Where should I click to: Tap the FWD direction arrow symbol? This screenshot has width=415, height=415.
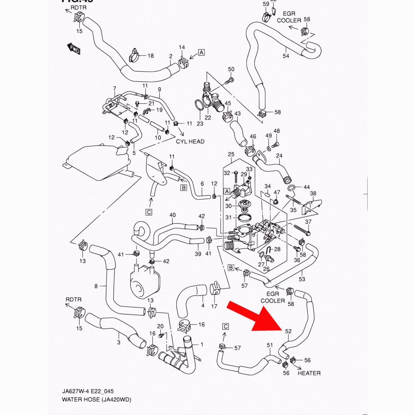pyautogui.click(x=73, y=49)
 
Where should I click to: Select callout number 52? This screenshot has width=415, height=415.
pyautogui.click(x=288, y=331)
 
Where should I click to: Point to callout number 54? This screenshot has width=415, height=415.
pyautogui.click(x=286, y=56)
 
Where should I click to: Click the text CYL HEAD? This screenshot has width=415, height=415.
pyautogui.click(x=190, y=142)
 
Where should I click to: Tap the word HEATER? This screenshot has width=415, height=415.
pyautogui.click(x=309, y=373)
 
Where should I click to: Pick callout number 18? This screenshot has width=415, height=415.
pyautogui.click(x=150, y=56)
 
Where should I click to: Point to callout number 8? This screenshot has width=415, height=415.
pyautogui.click(x=96, y=286)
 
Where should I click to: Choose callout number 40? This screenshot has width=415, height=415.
pyautogui.click(x=173, y=215)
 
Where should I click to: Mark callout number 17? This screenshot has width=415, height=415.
pyautogui.click(x=214, y=307)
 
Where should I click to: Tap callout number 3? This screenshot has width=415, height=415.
pyautogui.click(x=119, y=342)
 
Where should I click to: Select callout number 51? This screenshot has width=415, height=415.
pyautogui.click(x=270, y=345)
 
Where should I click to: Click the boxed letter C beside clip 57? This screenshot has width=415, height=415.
pyautogui.click(x=225, y=326)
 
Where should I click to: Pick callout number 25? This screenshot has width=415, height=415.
pyautogui.click(x=231, y=155)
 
